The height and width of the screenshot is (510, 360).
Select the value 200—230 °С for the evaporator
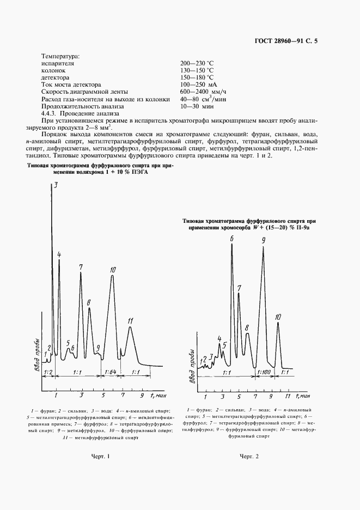click(197, 63)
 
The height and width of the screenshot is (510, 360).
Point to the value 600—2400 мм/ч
click(203, 92)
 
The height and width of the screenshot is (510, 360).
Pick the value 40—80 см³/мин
click(203, 99)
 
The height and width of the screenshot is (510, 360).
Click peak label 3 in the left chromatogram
click(55, 186)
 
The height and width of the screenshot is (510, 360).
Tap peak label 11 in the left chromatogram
click(130, 321)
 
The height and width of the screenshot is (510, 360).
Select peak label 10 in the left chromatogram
click(113, 270)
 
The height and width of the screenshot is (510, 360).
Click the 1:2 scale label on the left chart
click(47, 372)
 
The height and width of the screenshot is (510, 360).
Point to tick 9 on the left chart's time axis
click(141, 394)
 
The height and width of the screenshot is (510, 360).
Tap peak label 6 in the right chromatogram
click(231, 239)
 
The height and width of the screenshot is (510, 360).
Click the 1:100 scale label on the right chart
click(263, 372)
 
